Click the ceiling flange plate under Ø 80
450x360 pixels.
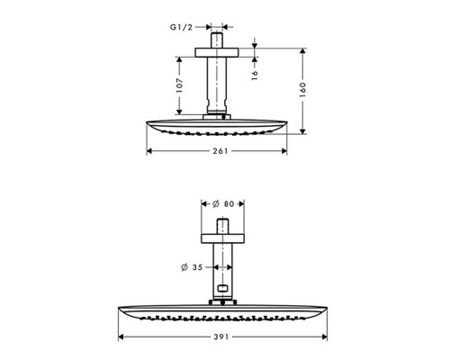[x=220, y=235]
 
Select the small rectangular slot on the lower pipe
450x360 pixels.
[x=220, y=288]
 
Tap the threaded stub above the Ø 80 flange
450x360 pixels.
[x=220, y=223]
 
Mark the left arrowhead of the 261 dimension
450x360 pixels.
[x=149, y=150]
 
